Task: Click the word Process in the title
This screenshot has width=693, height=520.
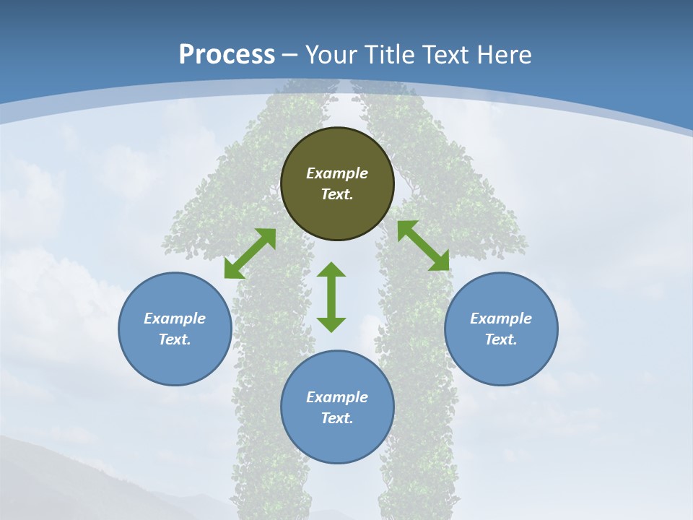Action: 227,54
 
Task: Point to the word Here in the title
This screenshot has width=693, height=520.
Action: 505,54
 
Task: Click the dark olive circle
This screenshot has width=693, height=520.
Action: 337,183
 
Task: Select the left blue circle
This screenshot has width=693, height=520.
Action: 175,329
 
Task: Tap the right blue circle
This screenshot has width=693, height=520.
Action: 501,329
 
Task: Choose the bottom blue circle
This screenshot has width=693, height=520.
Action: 337,407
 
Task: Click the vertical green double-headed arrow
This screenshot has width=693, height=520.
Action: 331,297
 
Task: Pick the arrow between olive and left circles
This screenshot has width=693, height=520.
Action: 250,253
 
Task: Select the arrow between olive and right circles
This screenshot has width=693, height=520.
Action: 424,246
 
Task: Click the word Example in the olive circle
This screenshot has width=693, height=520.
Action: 337,173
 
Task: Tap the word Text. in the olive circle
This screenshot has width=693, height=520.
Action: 337,194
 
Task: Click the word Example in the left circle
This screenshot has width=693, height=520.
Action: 175,318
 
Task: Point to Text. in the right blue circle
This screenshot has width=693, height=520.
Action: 501,339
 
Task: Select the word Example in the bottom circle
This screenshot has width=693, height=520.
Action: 337,397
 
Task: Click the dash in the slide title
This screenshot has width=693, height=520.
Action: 290,55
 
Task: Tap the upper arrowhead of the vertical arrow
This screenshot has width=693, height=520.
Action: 331,269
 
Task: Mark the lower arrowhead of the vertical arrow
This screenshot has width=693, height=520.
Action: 331,325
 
